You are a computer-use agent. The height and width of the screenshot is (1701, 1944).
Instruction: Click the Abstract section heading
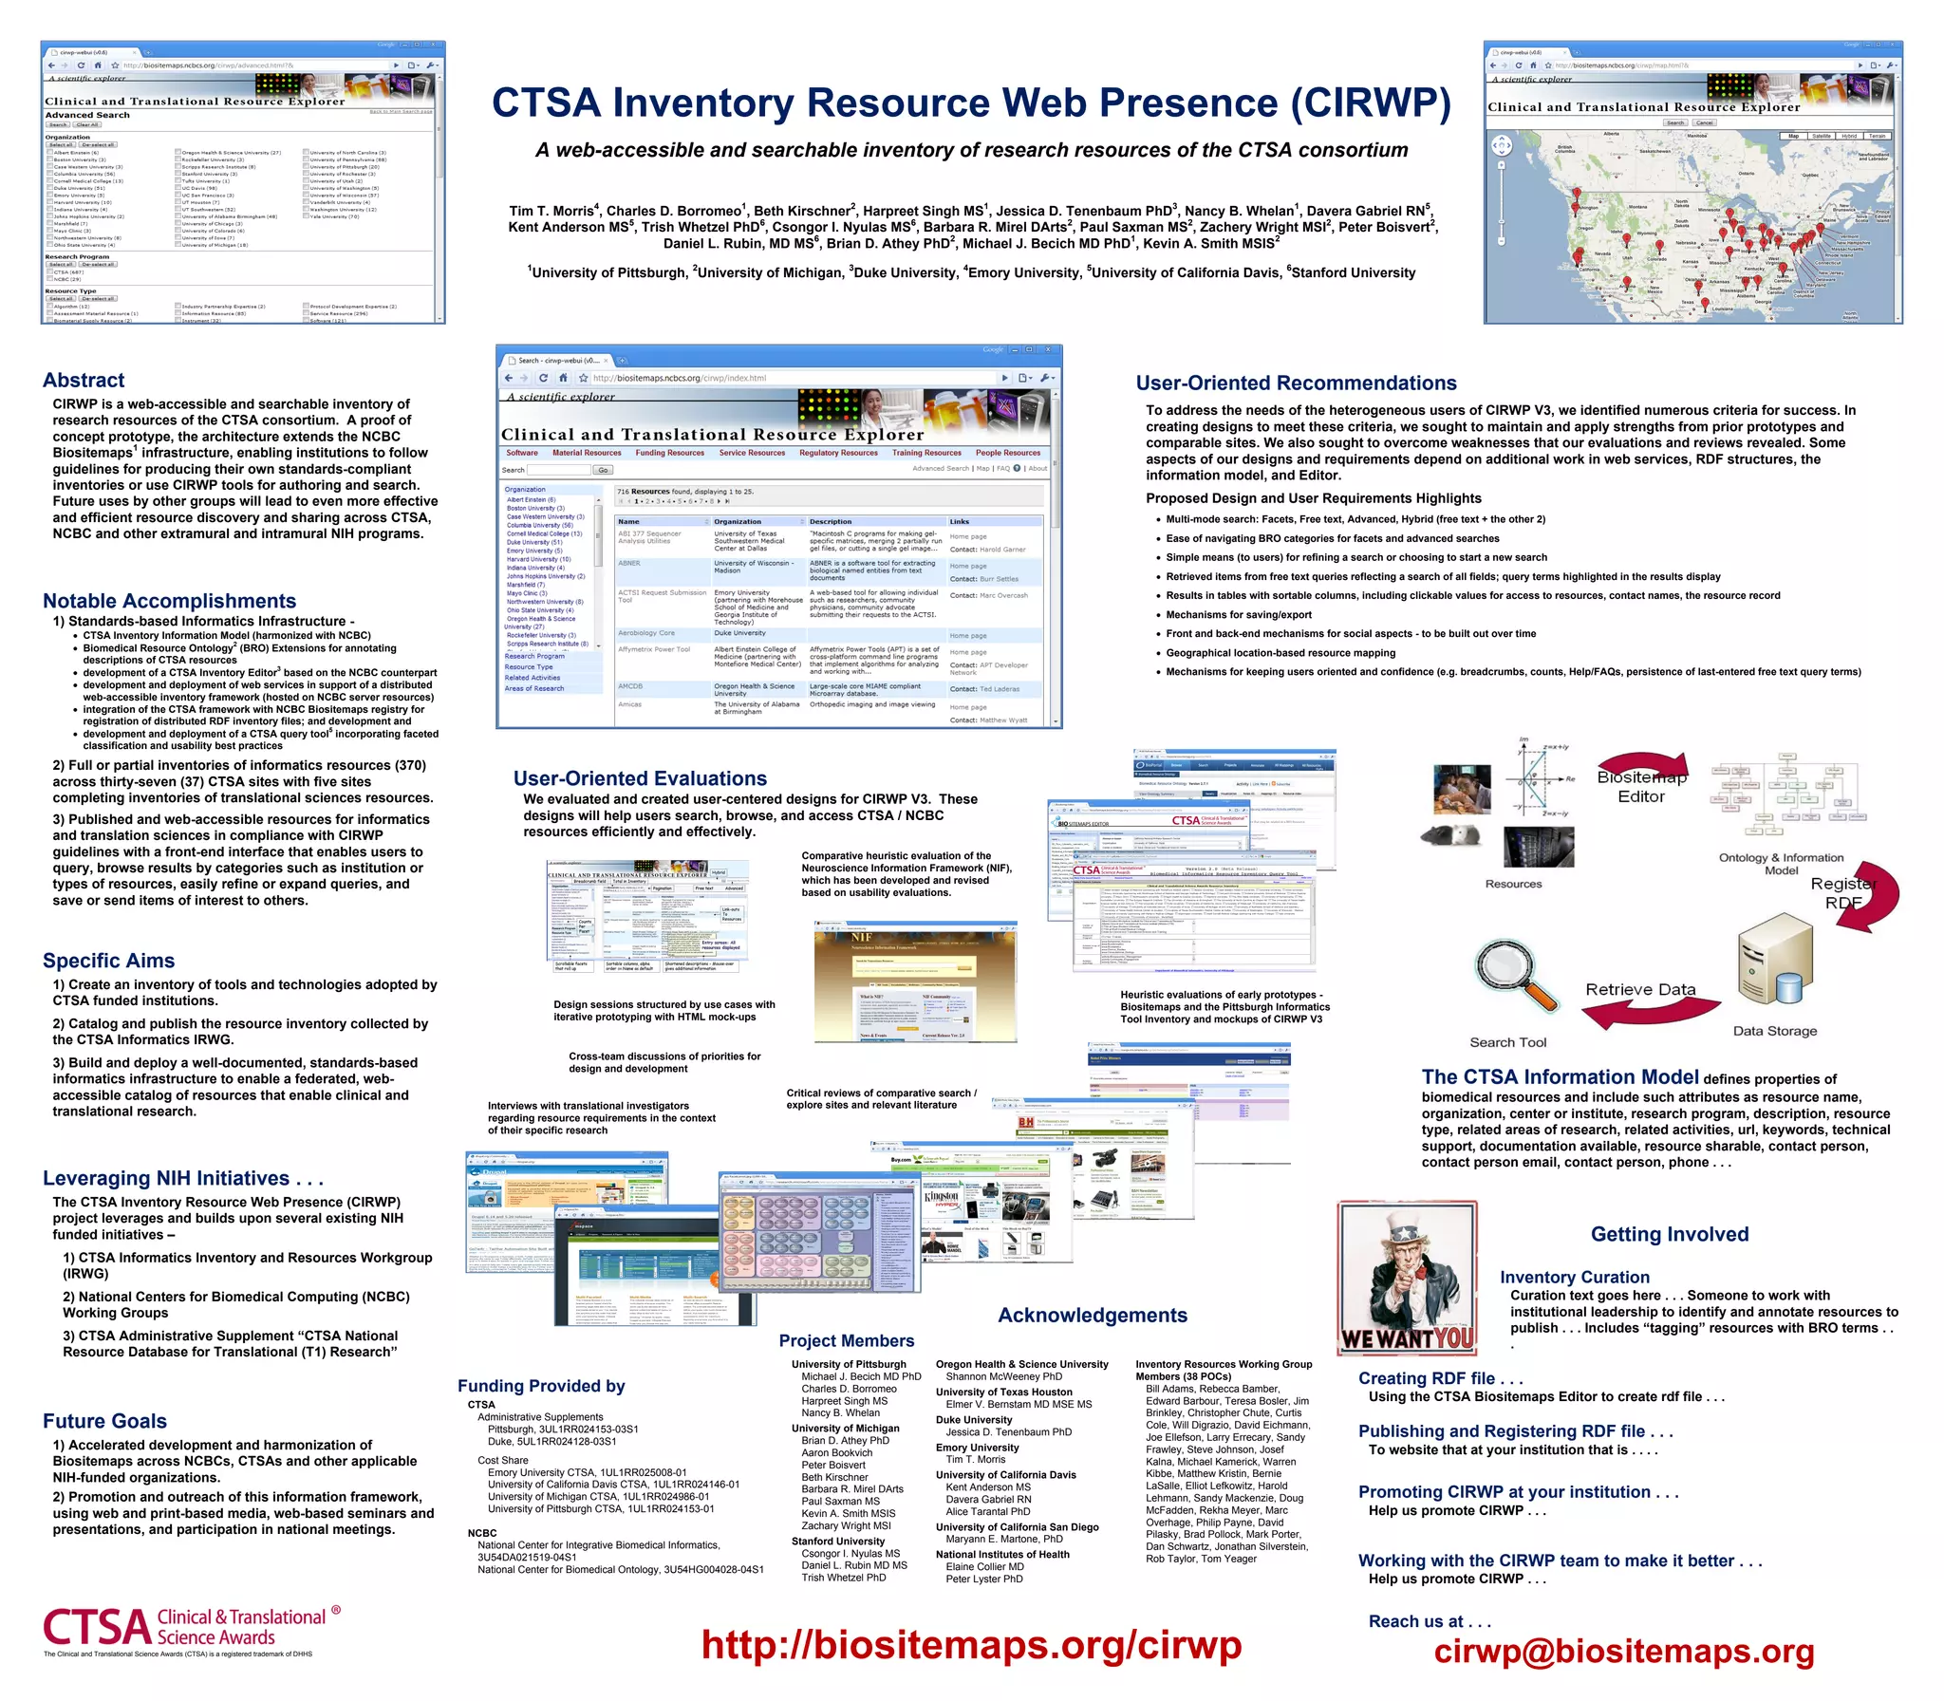[x=84, y=381]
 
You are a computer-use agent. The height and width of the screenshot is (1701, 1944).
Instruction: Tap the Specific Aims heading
[x=108, y=961]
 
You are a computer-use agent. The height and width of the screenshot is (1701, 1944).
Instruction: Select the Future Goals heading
[x=104, y=1421]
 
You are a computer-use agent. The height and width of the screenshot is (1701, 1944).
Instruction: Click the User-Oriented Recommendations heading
[x=1296, y=383]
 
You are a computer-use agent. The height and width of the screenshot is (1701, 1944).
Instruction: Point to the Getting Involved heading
[x=1669, y=1234]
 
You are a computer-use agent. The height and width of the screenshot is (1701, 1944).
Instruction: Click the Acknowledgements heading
[x=1092, y=1315]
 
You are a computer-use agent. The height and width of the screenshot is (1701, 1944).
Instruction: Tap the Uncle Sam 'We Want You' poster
[x=1408, y=1278]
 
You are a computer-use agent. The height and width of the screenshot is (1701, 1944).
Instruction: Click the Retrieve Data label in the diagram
[x=1640, y=989]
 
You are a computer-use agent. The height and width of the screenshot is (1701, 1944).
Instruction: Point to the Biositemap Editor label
[x=1641, y=787]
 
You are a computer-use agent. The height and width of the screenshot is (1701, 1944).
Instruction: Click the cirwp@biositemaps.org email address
[x=1623, y=1651]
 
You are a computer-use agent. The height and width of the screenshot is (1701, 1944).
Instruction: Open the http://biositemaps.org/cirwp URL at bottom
[x=971, y=1644]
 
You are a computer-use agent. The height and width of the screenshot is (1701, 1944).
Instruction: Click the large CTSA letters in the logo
[x=97, y=1627]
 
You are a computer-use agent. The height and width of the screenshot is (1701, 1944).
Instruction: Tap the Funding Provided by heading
[x=541, y=1386]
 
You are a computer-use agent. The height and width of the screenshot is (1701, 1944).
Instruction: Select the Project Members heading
[x=847, y=1340]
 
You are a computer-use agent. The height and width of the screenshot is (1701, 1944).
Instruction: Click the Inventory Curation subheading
[x=1574, y=1278]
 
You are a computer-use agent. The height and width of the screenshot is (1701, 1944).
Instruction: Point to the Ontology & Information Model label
[x=1781, y=864]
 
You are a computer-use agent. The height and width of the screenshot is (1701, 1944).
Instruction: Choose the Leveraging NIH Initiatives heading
[x=183, y=1178]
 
